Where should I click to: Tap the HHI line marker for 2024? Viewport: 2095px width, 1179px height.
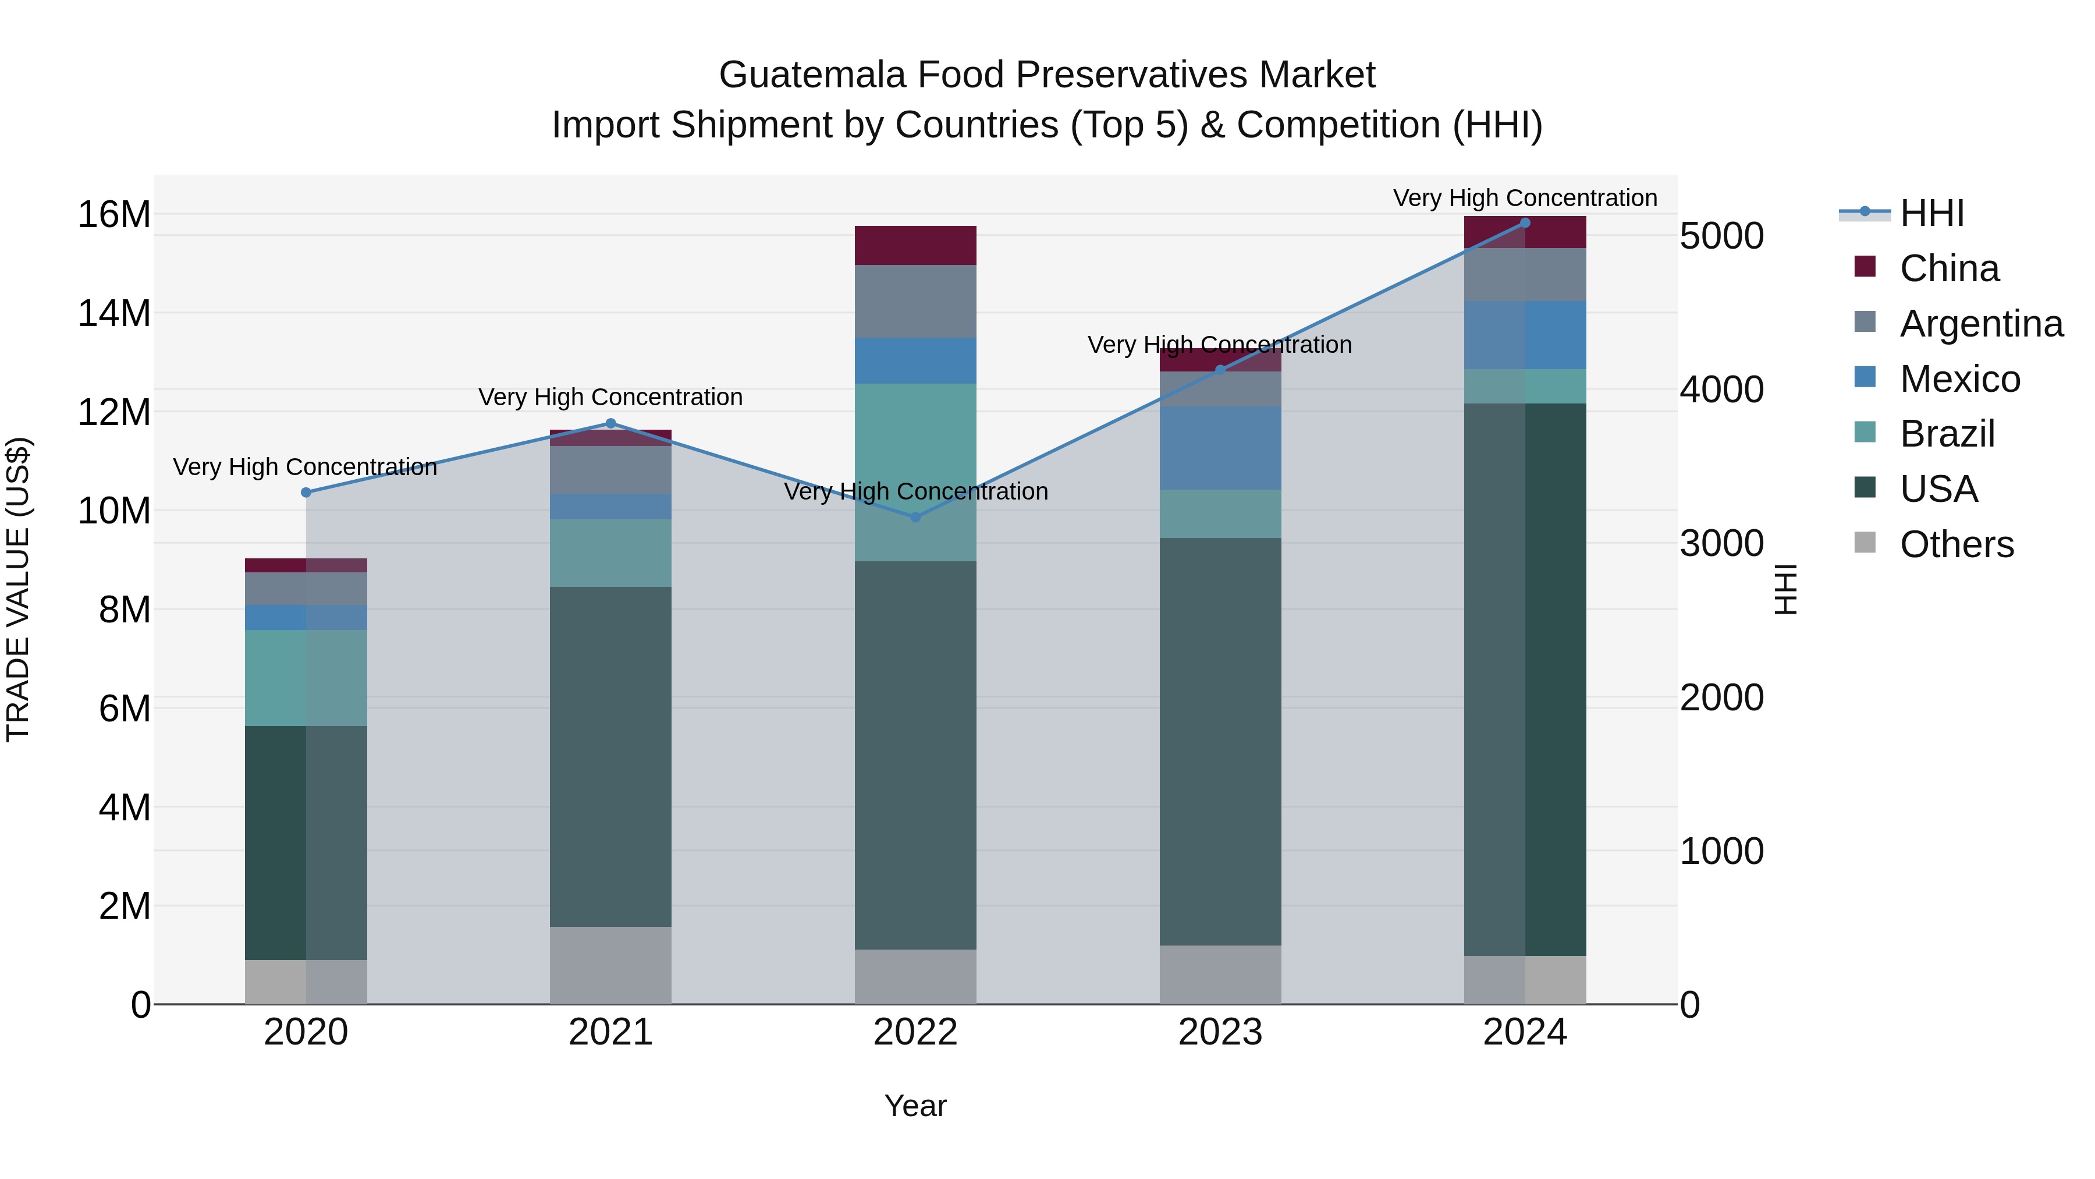click(1525, 223)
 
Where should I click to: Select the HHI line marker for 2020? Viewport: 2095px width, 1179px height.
click(306, 492)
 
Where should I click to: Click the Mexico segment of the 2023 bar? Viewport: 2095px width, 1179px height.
click(1220, 448)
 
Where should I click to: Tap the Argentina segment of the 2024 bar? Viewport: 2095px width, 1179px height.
click(1525, 274)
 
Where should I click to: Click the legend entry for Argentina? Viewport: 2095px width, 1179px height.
click(1980, 323)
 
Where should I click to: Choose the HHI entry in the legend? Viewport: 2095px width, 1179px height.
click(1931, 213)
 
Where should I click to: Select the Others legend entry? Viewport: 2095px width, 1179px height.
click(1956, 544)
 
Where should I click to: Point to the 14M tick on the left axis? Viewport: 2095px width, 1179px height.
click(114, 313)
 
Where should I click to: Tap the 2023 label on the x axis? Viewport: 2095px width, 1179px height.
click(1220, 1032)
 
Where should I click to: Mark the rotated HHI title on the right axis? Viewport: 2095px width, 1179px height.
click(1786, 589)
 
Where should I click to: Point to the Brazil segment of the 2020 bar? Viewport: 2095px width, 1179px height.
click(306, 677)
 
